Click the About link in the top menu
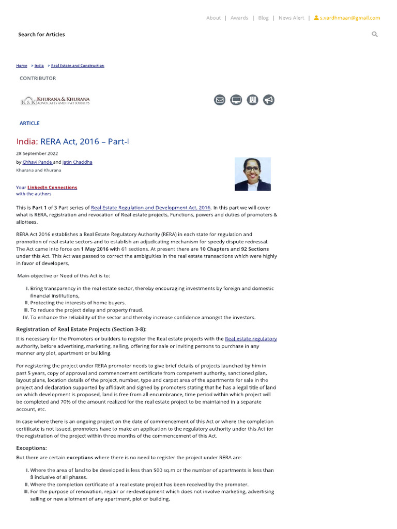213,18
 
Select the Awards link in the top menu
239,18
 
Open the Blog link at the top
263,18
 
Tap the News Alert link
291,18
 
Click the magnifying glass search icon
374,34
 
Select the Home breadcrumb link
21,66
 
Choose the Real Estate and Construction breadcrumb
78,66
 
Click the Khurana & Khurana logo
55,100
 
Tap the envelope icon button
220,100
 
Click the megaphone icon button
269,100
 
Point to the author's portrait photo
252,174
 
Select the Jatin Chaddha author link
78,162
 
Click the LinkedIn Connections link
52,187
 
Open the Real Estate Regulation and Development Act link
150,207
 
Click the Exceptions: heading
32,448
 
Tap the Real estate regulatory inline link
251,338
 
